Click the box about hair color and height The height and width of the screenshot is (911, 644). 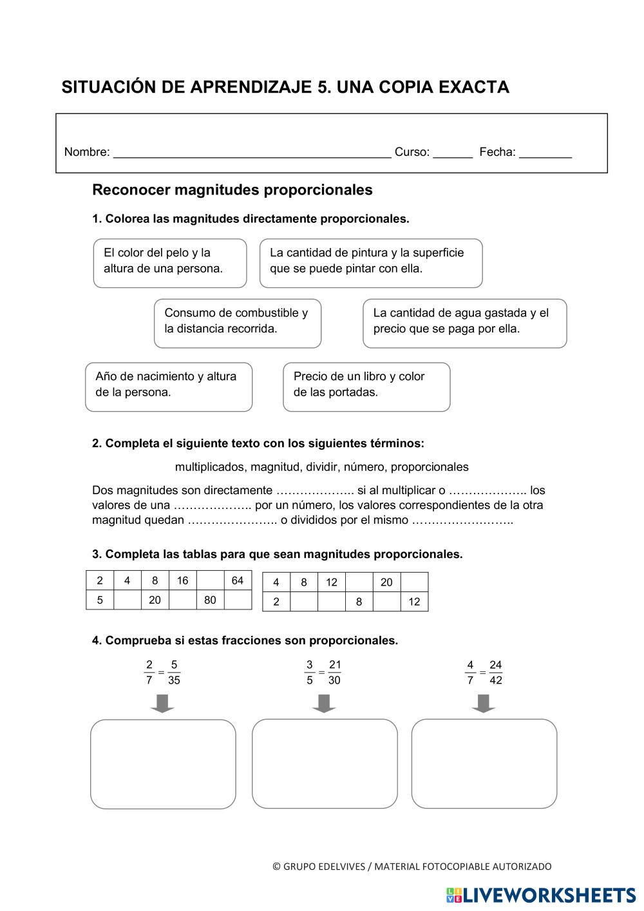[x=170, y=263]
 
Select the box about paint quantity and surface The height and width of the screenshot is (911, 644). [x=371, y=263]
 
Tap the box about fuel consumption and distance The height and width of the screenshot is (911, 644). [x=238, y=323]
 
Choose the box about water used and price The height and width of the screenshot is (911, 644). [x=464, y=323]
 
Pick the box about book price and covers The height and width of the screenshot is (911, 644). [x=366, y=387]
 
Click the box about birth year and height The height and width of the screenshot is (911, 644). [x=169, y=387]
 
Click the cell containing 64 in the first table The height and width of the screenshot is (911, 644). [x=238, y=580]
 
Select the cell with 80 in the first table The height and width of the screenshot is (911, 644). [x=210, y=600]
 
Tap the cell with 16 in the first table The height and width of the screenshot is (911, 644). [x=182, y=580]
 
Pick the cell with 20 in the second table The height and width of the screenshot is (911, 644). [x=386, y=582]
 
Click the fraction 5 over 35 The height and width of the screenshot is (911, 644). [x=174, y=673]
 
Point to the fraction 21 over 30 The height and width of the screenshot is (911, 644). [x=335, y=673]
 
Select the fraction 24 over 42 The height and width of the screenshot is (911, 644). [x=495, y=673]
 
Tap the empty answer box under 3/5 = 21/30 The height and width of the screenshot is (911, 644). [x=325, y=763]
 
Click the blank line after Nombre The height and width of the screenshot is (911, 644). [x=252, y=153]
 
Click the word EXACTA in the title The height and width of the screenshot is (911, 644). [x=473, y=87]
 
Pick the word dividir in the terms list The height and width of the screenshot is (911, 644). [x=321, y=466]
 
